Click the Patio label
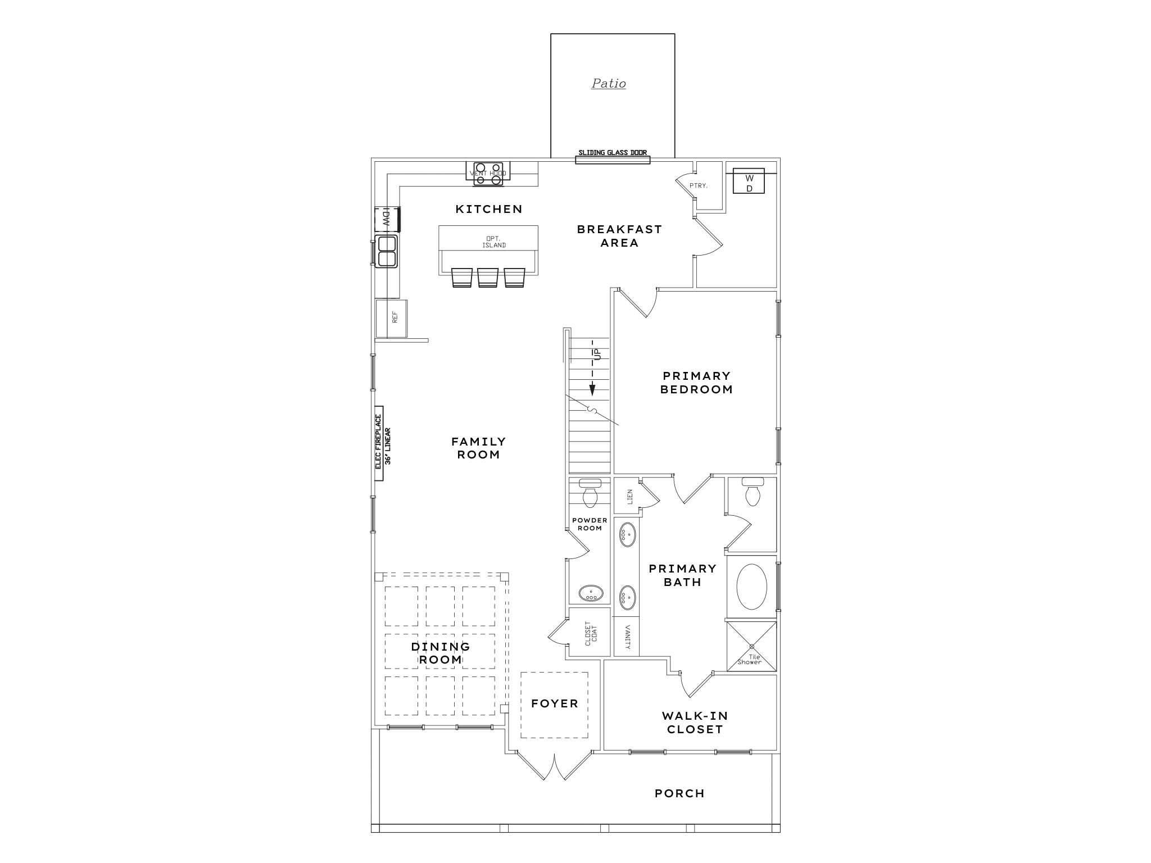609,84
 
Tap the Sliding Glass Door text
613,152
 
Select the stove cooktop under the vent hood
488,174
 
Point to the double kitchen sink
387,251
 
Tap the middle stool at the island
488,278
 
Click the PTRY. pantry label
698,185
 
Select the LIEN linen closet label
629,496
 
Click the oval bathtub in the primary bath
751,587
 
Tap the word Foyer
555,703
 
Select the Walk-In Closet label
695,723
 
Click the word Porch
679,793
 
